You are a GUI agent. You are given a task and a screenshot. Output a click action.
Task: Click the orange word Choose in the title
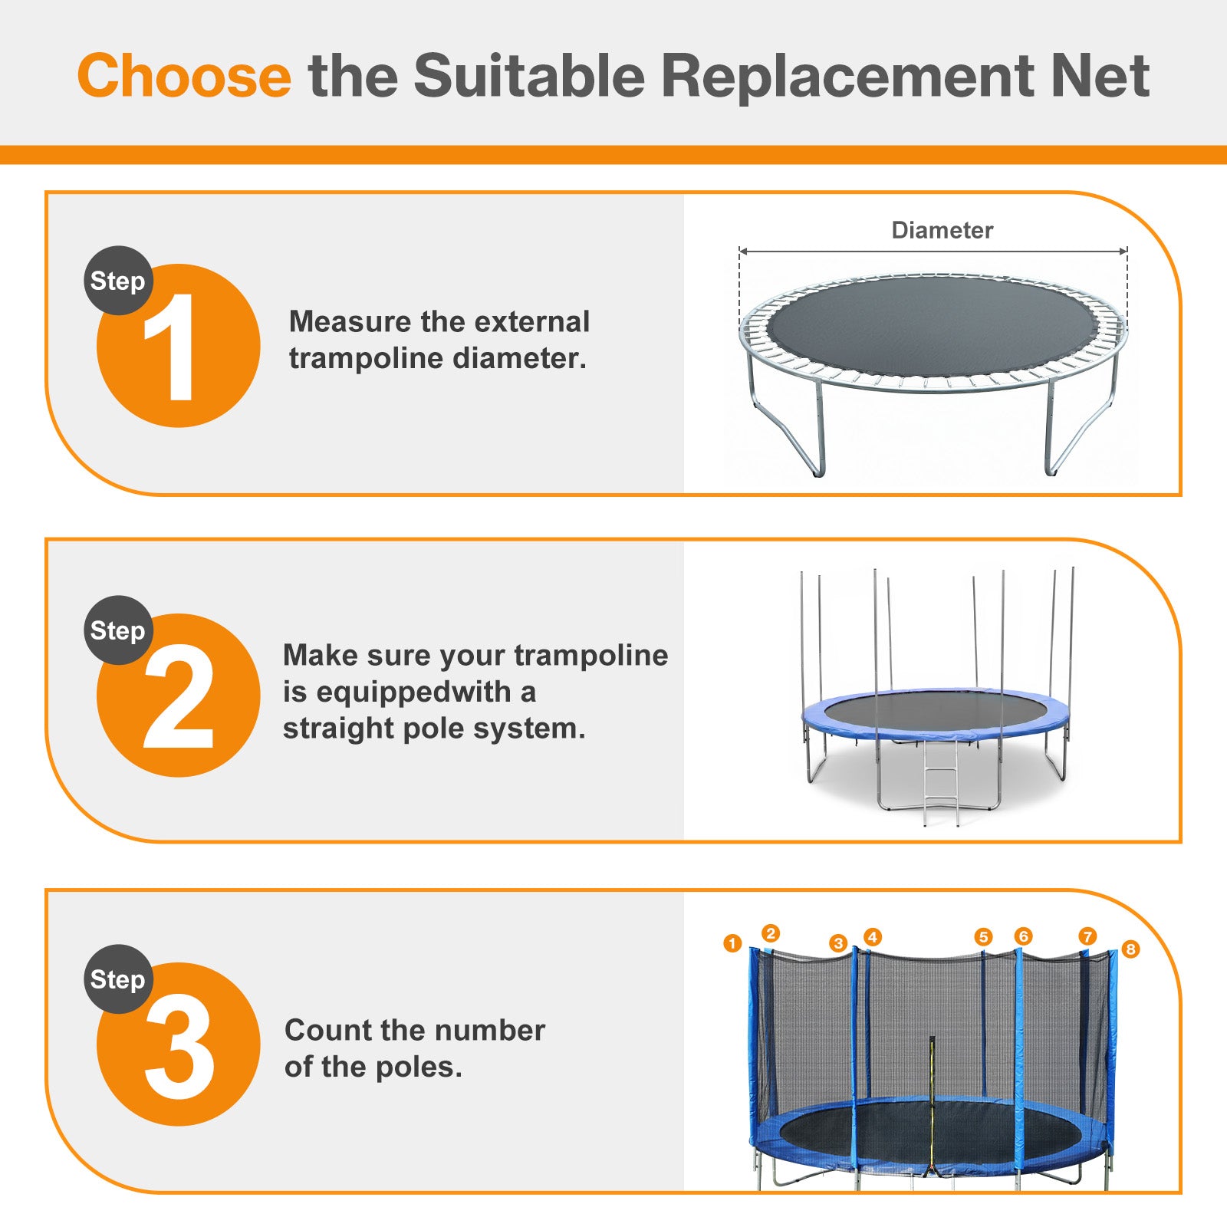click(x=184, y=76)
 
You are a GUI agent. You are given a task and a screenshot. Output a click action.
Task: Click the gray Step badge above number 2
click(x=118, y=630)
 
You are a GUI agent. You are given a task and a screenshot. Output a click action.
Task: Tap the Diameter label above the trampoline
click(x=942, y=230)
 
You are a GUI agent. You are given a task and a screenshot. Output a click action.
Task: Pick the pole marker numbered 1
click(x=732, y=943)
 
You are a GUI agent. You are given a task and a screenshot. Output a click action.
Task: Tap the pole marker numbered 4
click(x=872, y=937)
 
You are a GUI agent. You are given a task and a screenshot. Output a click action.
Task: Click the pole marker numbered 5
click(x=983, y=937)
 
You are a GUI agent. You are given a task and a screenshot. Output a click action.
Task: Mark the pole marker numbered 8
click(x=1130, y=949)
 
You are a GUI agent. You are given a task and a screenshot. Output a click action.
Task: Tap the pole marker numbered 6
click(x=1023, y=936)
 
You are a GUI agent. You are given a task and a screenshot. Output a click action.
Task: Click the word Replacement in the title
click(x=847, y=76)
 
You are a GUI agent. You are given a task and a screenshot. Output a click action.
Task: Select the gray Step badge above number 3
click(x=118, y=979)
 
